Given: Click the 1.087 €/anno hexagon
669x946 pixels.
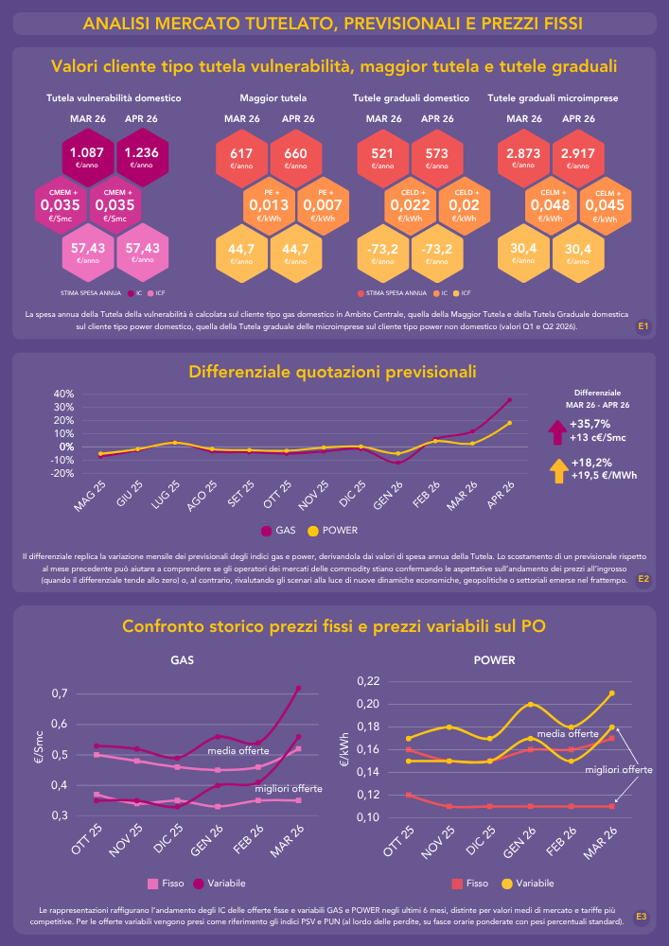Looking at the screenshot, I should coord(88,156).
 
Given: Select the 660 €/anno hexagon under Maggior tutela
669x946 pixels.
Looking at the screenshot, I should coord(295,156).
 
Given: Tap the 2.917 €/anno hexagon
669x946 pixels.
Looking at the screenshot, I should coord(578,156).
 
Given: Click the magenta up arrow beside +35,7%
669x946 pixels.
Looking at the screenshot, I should coord(555,431).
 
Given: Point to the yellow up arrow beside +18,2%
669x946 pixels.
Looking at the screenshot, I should coord(555,470).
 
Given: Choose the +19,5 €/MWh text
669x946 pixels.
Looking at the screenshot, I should coord(599,477).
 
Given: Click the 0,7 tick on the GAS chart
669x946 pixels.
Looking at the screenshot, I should coord(60,693).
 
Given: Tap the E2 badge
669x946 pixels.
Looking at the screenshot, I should coord(643,578).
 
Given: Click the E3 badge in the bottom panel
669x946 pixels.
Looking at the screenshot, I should coord(642,916).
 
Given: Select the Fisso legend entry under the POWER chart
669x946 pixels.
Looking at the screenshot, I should coord(470,883).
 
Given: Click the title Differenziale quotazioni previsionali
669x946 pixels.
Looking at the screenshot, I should coord(332,371).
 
